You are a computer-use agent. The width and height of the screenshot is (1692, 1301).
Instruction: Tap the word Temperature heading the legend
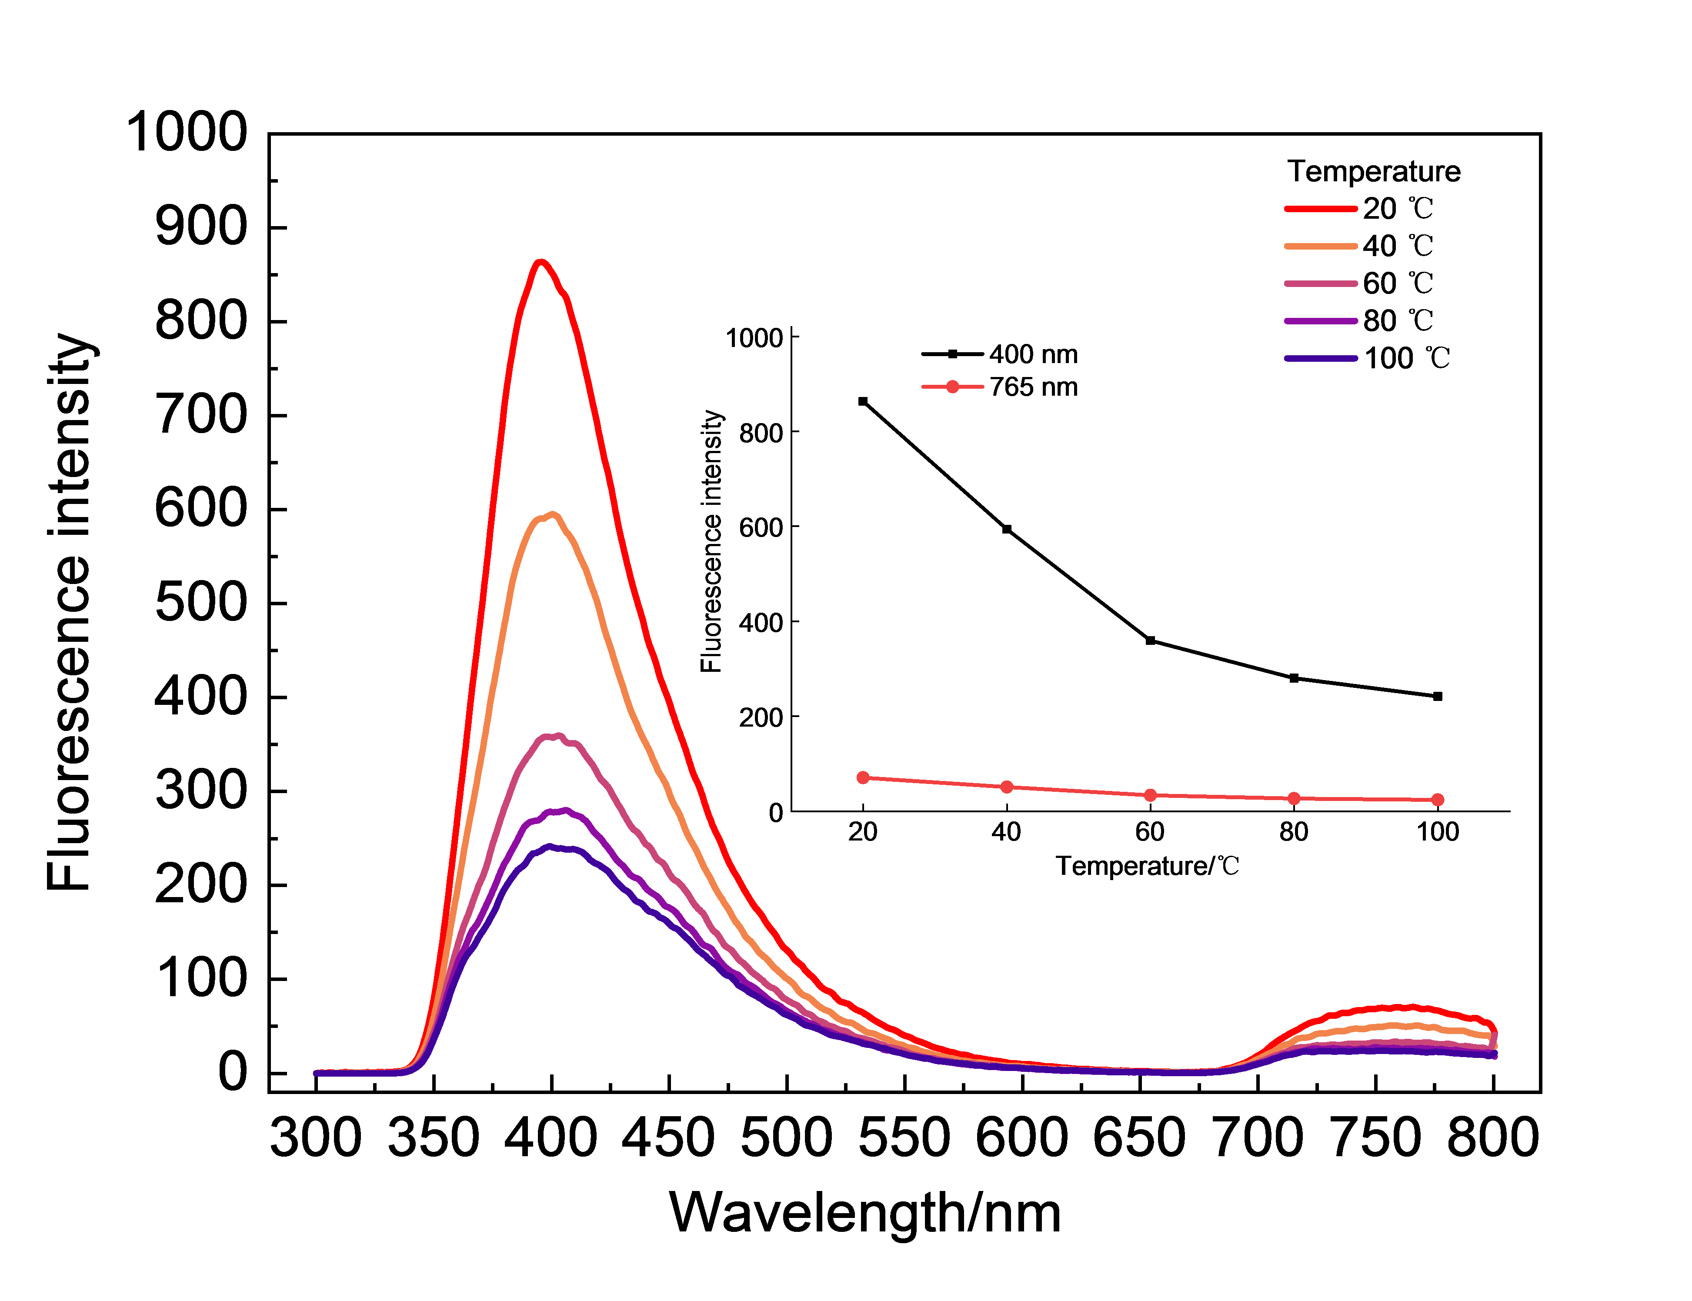pyautogui.click(x=1373, y=171)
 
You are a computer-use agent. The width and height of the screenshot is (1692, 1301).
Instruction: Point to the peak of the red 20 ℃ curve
pyautogui.click(x=541, y=262)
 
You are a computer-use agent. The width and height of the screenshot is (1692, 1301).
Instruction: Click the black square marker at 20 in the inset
pyautogui.click(x=863, y=401)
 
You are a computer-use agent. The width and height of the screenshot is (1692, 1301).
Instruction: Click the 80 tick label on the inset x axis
pyautogui.click(x=1293, y=832)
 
